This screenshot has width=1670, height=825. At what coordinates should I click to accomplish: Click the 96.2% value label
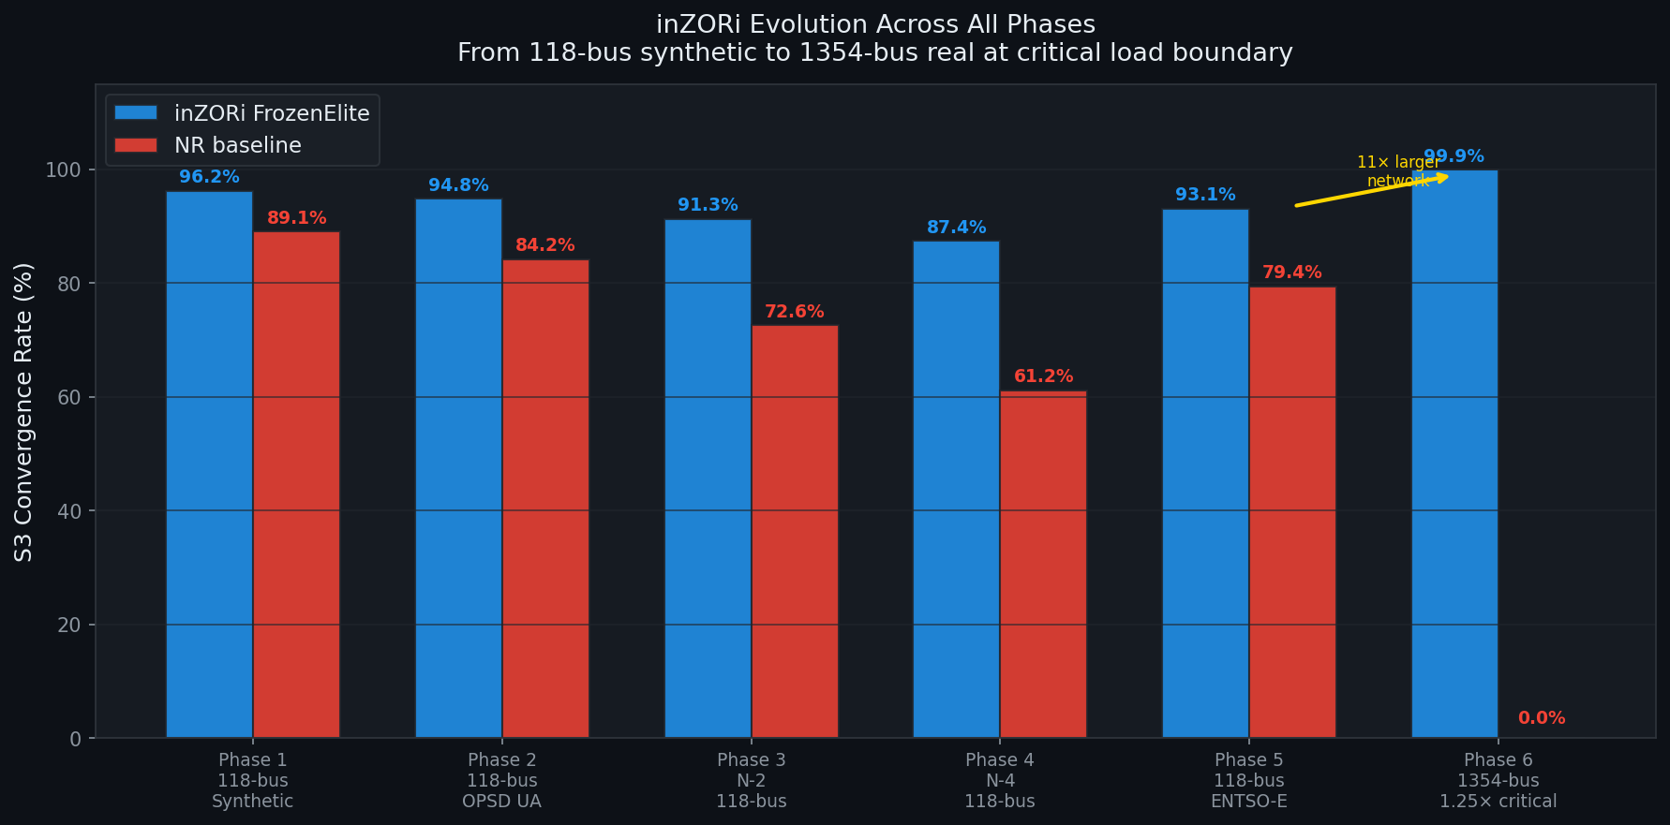(209, 177)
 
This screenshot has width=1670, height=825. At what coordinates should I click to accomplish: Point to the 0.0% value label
(1542, 718)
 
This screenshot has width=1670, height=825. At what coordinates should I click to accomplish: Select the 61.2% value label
(1043, 376)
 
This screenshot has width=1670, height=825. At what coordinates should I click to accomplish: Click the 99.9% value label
(1454, 156)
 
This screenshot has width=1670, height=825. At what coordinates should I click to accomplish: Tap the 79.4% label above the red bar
(1291, 273)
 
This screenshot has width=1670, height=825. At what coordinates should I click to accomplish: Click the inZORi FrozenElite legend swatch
(136, 113)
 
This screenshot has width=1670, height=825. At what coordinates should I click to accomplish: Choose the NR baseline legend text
(238, 145)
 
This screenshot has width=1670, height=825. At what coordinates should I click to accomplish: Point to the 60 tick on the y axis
(69, 397)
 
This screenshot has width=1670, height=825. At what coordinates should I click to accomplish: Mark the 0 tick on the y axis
(75, 739)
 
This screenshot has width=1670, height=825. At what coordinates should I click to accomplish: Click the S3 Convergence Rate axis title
(24, 412)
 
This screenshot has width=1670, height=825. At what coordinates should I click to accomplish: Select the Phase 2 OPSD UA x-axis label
(501, 780)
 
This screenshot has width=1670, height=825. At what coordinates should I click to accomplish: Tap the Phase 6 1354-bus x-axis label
(1498, 780)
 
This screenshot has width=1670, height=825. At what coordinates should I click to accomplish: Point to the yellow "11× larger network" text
(1397, 170)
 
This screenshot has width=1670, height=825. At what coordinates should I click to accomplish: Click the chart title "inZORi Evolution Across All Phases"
(875, 24)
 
